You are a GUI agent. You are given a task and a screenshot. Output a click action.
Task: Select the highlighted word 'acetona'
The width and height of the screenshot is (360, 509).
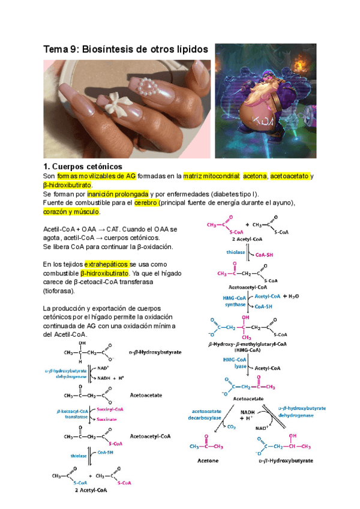coord(255,176)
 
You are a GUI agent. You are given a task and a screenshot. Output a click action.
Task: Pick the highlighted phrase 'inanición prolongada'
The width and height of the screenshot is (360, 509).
coord(118,194)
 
